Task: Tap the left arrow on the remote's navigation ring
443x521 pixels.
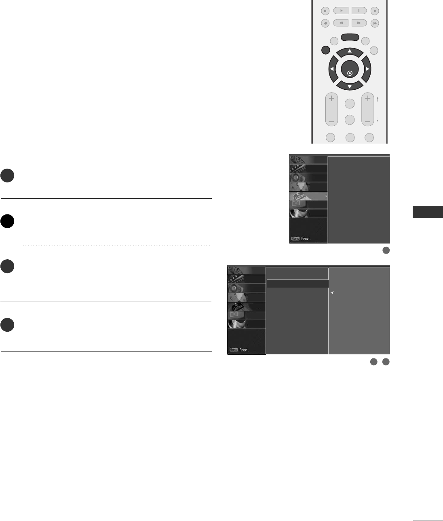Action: pyautogui.click(x=331, y=69)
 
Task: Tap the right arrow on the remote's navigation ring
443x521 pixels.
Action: pyautogui.click(x=367, y=69)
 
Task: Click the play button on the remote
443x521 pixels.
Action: pyautogui.click(x=341, y=11)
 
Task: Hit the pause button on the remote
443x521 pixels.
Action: pyautogui.click(x=359, y=11)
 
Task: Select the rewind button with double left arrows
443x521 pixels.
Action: pyautogui.click(x=341, y=23)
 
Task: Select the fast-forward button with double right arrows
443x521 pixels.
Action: pyautogui.click(x=359, y=23)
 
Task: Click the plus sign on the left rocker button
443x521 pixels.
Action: pyautogui.click(x=331, y=98)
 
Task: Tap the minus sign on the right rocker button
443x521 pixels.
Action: pyautogui.click(x=367, y=121)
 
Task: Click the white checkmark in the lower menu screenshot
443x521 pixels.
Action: pyautogui.click(x=332, y=292)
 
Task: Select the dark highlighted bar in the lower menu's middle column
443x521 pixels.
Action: pyautogui.click(x=297, y=284)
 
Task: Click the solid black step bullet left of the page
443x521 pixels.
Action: pyautogui.click(x=8, y=221)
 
